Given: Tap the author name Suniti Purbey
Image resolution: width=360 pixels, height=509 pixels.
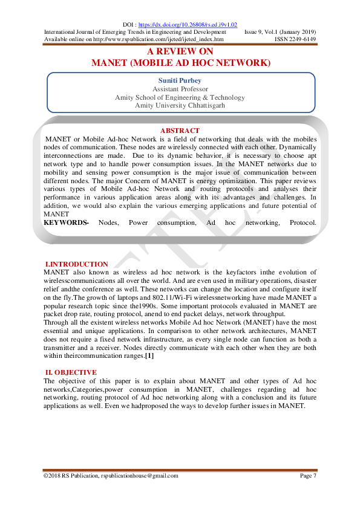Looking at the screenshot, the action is [x=180, y=80].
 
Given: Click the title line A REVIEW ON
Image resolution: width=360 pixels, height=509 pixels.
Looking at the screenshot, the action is [x=180, y=52].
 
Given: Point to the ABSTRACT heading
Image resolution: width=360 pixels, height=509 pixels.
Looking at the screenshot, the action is [x=180, y=131].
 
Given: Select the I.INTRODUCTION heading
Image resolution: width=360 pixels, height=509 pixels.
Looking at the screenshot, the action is [x=77, y=264].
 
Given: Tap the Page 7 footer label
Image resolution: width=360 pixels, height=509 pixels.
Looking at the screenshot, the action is [x=307, y=475].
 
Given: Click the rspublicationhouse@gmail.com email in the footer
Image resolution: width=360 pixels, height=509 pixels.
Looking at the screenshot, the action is [x=140, y=475].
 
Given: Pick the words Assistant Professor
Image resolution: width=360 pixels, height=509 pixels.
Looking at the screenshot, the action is [x=180, y=89].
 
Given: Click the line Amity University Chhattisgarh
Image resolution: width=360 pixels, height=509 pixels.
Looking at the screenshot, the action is [x=180, y=105].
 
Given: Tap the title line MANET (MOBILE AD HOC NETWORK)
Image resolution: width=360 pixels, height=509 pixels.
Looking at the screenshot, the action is [x=180, y=62].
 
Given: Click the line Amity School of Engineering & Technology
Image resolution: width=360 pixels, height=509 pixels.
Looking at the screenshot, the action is [x=180, y=97].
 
